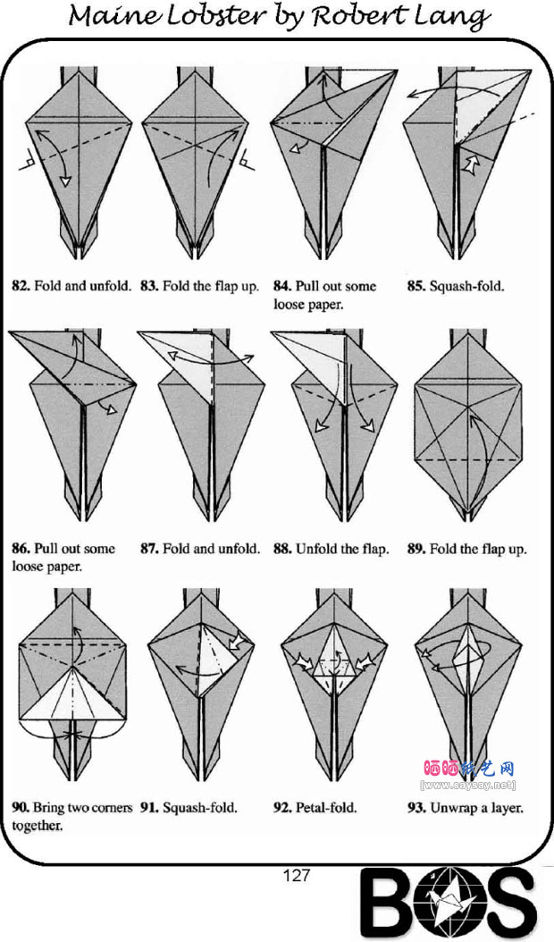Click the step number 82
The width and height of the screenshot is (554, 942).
point(20,287)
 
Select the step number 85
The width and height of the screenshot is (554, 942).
point(415,287)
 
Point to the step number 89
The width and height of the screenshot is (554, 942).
point(415,549)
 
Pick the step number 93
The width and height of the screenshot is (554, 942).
point(415,808)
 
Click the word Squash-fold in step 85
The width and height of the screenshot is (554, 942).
point(466,287)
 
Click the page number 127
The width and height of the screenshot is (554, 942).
point(296,876)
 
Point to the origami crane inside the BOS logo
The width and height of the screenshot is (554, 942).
point(449,903)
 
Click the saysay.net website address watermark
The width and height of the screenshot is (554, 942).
point(467,785)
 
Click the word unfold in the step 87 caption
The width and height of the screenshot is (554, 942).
point(239,549)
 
